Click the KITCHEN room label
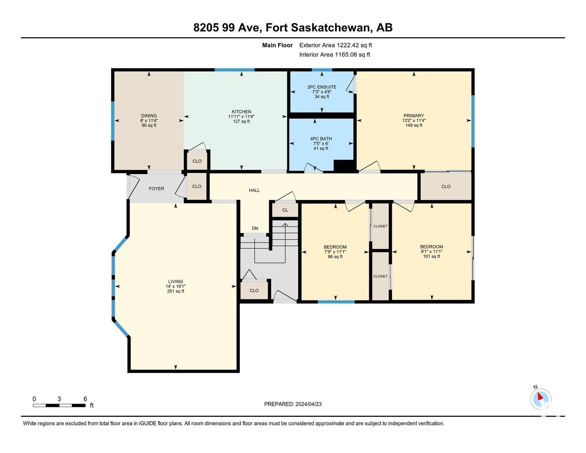[x=241, y=112]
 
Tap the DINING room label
[x=149, y=116]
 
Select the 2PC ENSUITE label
[x=322, y=87]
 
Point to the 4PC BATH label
[x=321, y=139]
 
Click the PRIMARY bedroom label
[x=414, y=116]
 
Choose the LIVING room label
[x=176, y=281]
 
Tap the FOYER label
[x=156, y=189]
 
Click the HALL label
[x=254, y=190]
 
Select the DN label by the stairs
[x=255, y=228]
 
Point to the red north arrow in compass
[x=540, y=396]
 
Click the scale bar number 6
[x=85, y=399]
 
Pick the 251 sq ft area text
[x=176, y=291]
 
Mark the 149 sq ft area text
[x=414, y=125]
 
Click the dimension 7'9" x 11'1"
[x=335, y=252]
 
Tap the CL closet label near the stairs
[x=285, y=210]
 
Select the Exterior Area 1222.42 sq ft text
[x=335, y=45]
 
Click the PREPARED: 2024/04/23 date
[x=293, y=404]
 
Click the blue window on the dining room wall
[x=113, y=121]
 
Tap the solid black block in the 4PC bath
[x=344, y=165]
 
